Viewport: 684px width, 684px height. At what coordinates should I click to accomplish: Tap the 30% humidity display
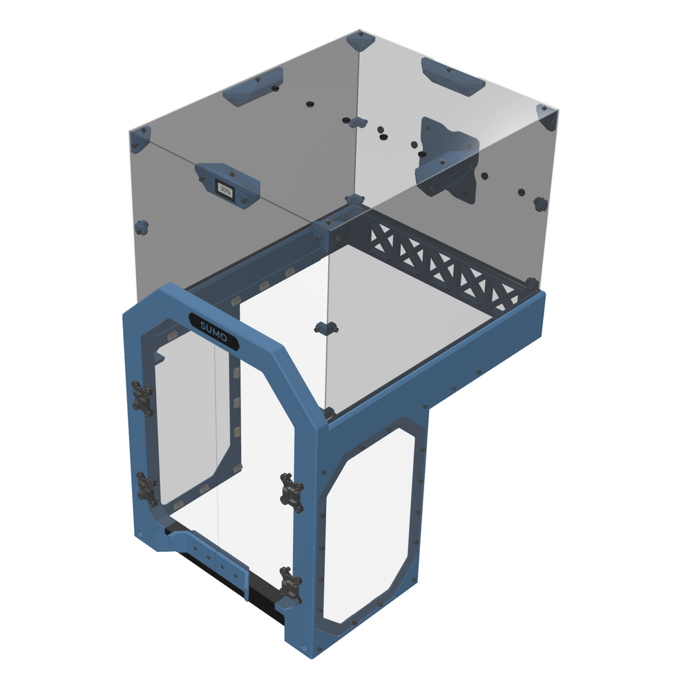(225, 188)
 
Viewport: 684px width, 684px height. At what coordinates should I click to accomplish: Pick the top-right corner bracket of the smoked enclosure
(546, 117)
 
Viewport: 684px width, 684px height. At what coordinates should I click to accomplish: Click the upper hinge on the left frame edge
(143, 398)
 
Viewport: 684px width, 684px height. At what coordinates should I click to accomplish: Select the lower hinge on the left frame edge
(146, 489)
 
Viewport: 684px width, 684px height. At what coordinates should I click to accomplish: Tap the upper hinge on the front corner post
(292, 492)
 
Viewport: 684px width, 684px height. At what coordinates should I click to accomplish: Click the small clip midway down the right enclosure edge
(540, 204)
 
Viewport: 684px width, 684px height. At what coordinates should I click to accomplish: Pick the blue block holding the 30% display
(227, 182)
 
